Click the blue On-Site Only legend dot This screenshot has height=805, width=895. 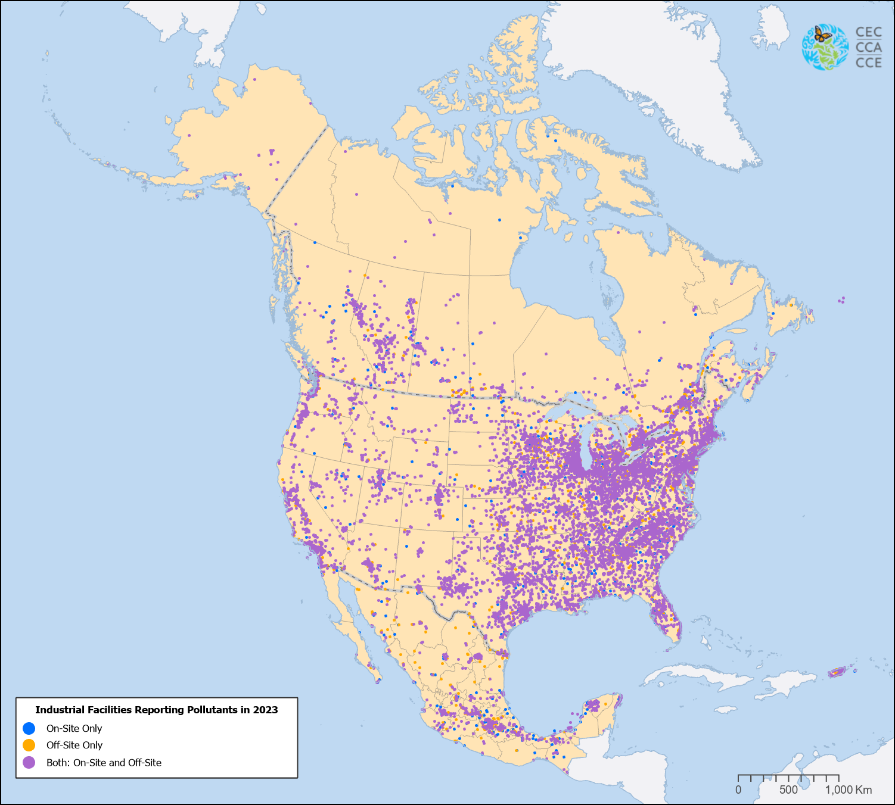click(29, 728)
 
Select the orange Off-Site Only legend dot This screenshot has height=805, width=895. click(29, 745)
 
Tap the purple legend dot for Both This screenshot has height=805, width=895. click(29, 762)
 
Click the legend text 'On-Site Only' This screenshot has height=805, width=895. click(74, 728)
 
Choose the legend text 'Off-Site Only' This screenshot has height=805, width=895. click(74, 745)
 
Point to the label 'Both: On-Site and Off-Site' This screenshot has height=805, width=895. click(104, 762)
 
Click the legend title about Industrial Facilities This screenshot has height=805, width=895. click(156, 710)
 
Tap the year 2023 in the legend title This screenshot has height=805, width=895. click(265, 710)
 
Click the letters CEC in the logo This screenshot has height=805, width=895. click(868, 32)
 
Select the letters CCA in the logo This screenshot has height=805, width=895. click(868, 47)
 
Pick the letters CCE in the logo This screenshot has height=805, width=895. click(868, 62)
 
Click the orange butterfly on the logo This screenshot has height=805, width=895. click(823, 35)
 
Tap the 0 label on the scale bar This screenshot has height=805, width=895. click(738, 790)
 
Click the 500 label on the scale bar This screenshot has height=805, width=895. click(788, 790)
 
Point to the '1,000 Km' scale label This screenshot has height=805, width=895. click(848, 790)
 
